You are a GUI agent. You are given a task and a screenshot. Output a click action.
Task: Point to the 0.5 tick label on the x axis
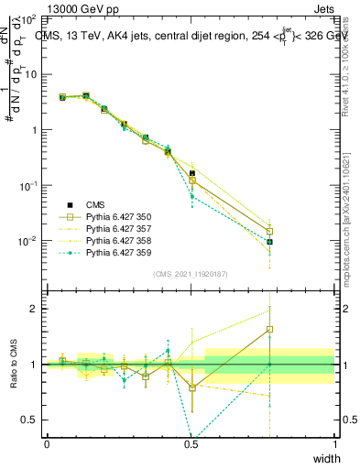click(x=191, y=444)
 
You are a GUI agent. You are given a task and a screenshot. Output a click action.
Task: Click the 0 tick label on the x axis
click(x=47, y=444)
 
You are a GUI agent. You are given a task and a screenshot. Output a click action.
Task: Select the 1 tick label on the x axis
click(x=334, y=444)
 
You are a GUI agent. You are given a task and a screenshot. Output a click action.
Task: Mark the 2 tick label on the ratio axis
click(x=38, y=309)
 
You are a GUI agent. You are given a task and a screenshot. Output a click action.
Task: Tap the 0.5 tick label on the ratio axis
click(x=32, y=420)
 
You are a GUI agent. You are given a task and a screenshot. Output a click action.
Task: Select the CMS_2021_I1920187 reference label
click(x=190, y=274)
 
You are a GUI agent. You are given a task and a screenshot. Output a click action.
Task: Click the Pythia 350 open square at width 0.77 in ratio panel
click(x=269, y=330)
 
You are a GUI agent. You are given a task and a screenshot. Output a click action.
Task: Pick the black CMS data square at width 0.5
click(x=192, y=173)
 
